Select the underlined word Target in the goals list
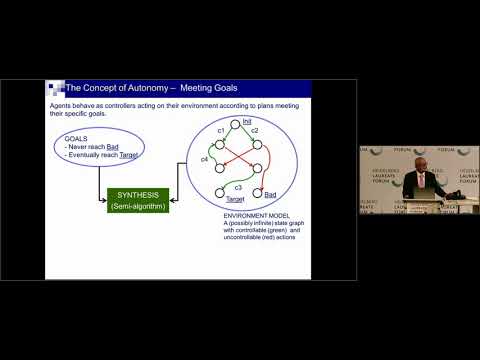(132, 157)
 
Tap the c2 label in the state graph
(256, 131)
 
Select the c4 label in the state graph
(204, 158)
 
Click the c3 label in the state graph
(238, 187)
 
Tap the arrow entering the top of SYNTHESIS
(138, 180)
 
